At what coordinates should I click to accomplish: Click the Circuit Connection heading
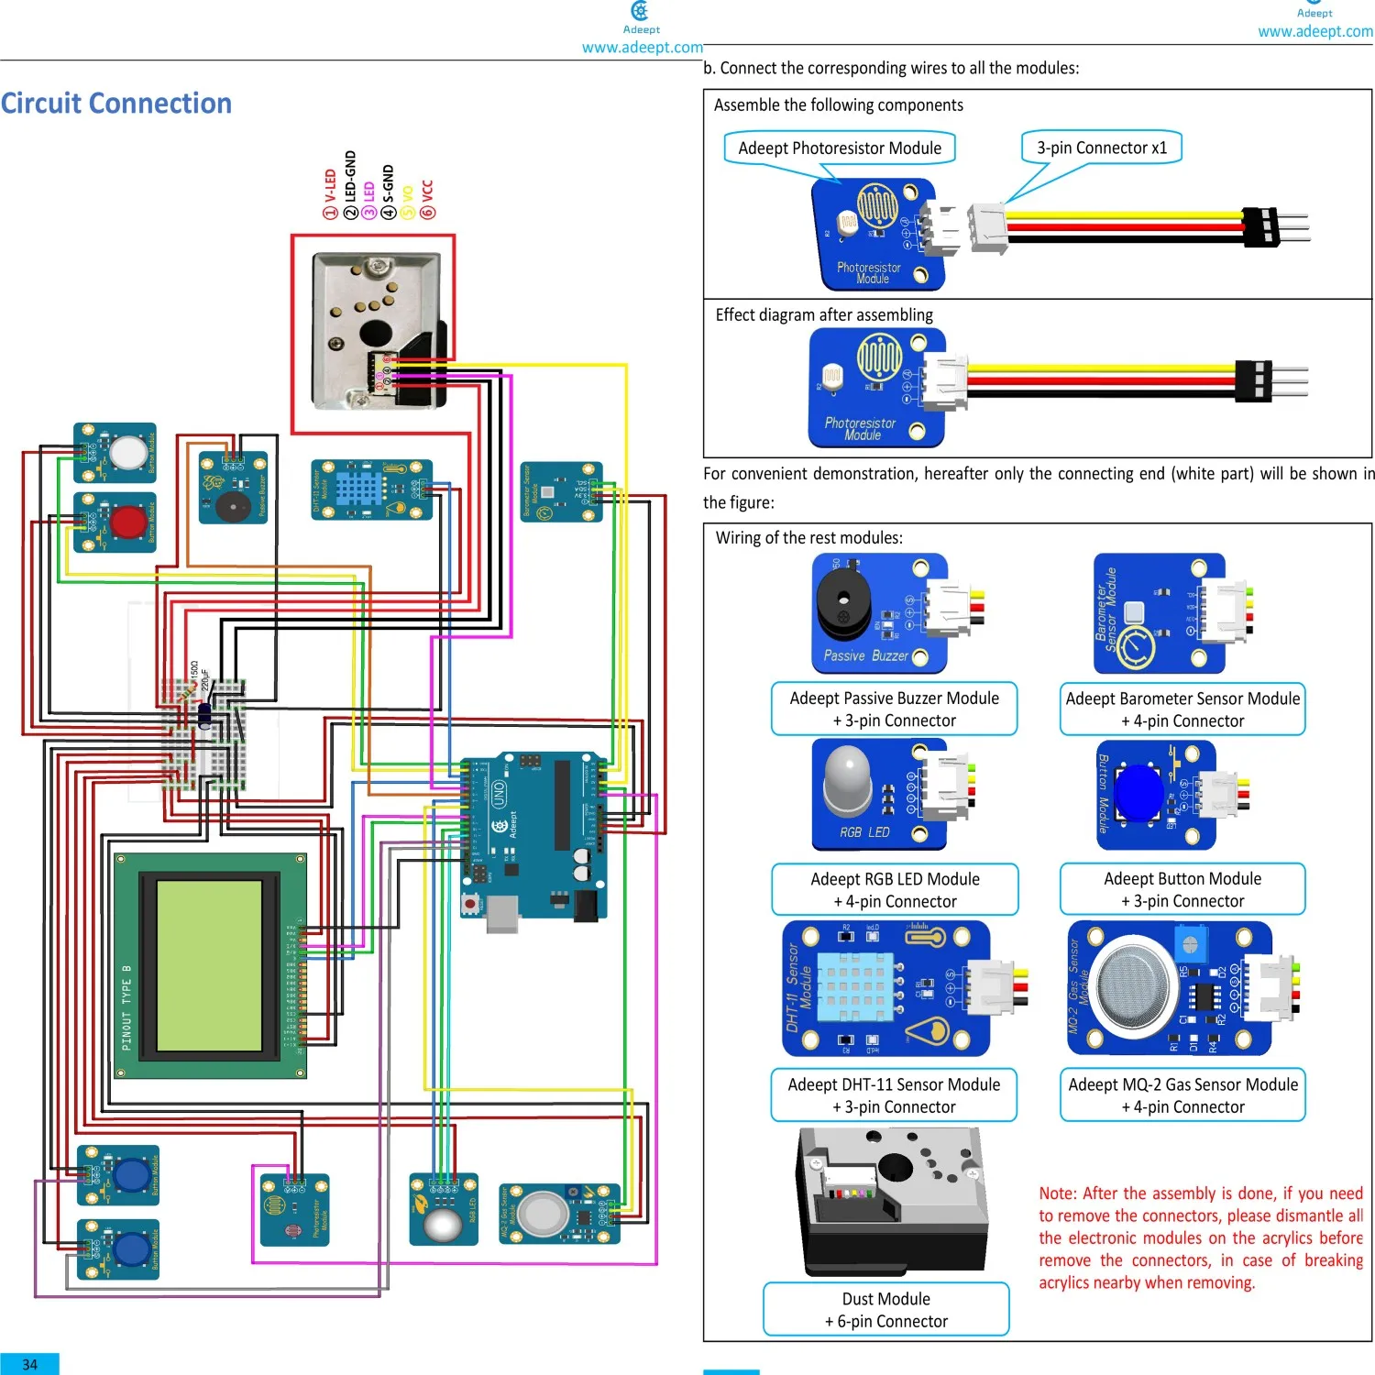pyautogui.click(x=116, y=104)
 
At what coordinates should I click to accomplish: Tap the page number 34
pyautogui.click(x=29, y=1364)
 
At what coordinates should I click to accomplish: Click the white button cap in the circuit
pyautogui.click(x=127, y=452)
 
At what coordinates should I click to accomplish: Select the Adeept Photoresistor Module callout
pyautogui.click(x=839, y=148)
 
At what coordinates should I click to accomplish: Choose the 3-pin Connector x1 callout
pyautogui.click(x=1102, y=148)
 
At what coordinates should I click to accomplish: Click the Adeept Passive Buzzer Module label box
pyautogui.click(x=894, y=709)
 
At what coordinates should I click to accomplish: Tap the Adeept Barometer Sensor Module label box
pyautogui.click(x=1182, y=709)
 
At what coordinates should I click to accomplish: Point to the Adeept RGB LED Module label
pyautogui.click(x=895, y=890)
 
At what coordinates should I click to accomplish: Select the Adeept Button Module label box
pyautogui.click(x=1182, y=889)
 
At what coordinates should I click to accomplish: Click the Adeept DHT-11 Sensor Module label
pyautogui.click(x=894, y=1095)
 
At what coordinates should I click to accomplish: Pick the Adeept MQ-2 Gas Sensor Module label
pyautogui.click(x=1182, y=1095)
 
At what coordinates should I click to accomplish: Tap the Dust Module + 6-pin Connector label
pyautogui.click(x=885, y=1310)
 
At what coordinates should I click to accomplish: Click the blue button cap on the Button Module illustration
pyautogui.click(x=1139, y=792)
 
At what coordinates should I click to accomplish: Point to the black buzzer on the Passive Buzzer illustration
pyautogui.click(x=843, y=605)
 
